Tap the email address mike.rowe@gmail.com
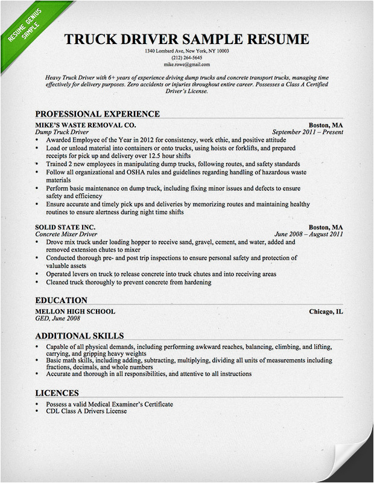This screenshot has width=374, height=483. pos(186,64)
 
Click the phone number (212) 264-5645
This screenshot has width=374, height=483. pos(186,58)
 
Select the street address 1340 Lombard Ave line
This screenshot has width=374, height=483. pos(186,52)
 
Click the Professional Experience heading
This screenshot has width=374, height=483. pos(97,114)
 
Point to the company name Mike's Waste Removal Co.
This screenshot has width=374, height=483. pos(86,125)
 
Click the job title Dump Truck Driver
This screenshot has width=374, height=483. pos(62,132)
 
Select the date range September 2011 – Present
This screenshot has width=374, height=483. pos(307,132)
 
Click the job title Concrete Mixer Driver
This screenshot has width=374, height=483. pos(66,234)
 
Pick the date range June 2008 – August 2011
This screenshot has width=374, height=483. pos(308,234)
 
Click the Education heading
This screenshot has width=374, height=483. pos(61,300)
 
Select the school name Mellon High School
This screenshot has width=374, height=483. pos(75,312)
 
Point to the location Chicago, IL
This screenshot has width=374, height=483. pos(326,312)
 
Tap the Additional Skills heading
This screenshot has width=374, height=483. pos(80,336)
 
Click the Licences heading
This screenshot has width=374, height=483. pos(57,392)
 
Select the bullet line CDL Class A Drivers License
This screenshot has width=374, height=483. pos(86,411)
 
